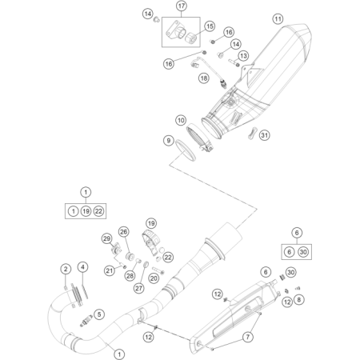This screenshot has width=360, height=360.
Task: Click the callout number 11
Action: pos(278,19)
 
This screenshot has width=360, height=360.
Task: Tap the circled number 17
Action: pos(182,6)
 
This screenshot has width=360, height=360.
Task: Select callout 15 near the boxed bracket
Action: pos(210,26)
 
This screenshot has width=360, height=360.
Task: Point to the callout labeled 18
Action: pos(204,78)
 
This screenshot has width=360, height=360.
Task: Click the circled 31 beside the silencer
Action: pos(264,135)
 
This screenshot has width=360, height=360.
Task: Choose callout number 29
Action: pos(107,238)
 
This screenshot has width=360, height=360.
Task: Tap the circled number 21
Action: pos(110,271)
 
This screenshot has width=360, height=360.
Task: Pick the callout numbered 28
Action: pos(130,275)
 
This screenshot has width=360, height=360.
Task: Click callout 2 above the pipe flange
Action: pos(66,269)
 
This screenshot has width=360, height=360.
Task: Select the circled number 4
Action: pos(83,267)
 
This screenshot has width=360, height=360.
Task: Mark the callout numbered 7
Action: pos(248,337)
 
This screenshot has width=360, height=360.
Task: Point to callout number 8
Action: pos(298,300)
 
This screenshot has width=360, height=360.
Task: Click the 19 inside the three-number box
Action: pos(86,211)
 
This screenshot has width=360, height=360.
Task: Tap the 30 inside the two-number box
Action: pos(303,252)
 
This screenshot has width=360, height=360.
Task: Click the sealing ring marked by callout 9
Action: pos(186,150)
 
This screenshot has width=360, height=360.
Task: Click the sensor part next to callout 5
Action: pos(86,321)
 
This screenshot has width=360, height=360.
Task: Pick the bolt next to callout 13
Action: pos(234,62)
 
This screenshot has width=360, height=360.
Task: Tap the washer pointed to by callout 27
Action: pos(146,264)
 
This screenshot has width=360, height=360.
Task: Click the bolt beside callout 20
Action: pos(158,270)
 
